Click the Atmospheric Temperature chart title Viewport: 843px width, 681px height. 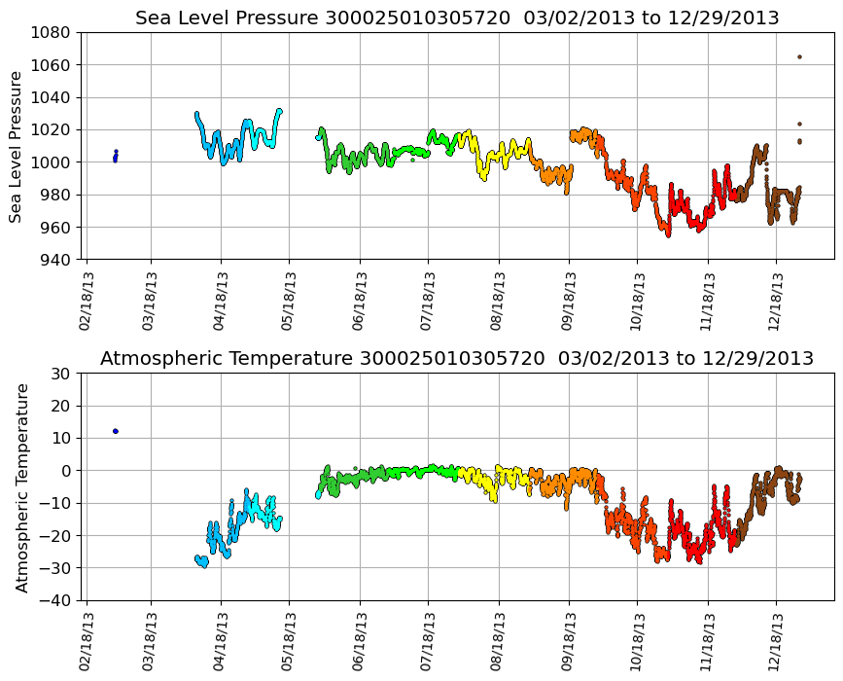tap(457, 359)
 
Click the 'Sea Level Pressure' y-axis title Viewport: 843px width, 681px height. tap(18, 146)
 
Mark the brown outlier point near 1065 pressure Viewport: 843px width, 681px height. tap(799, 56)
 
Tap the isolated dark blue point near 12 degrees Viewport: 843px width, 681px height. tap(116, 431)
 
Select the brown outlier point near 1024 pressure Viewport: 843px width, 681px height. tap(799, 124)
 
